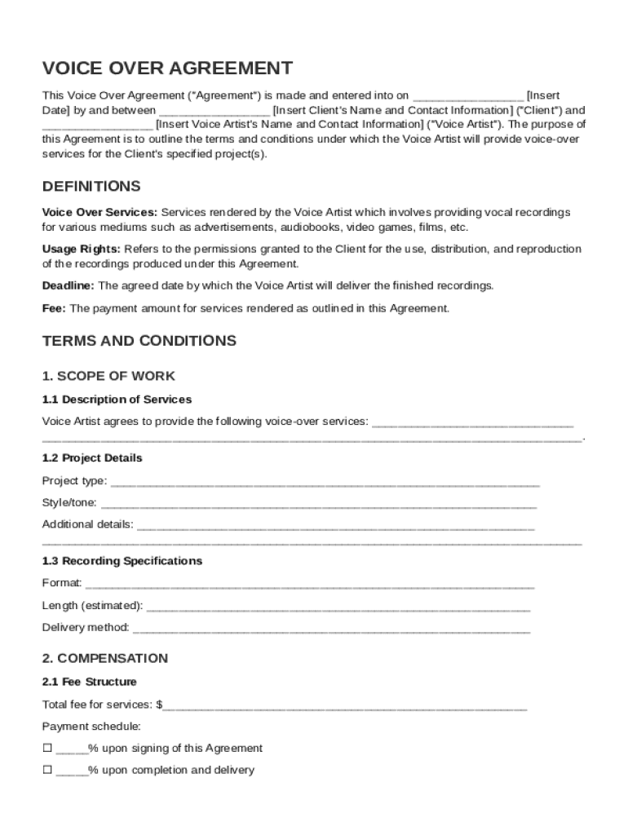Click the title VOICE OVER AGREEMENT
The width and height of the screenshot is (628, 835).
(167, 68)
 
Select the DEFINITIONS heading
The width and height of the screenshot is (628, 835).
(91, 187)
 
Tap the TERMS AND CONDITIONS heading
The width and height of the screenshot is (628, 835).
(139, 340)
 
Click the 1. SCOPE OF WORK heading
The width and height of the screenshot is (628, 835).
(108, 376)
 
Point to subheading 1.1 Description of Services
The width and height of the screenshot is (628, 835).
(117, 400)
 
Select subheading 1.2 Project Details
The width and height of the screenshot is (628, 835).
(92, 458)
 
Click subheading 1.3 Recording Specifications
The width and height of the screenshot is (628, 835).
(122, 561)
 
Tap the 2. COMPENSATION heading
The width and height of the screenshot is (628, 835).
(104, 658)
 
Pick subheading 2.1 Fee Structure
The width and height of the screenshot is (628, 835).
(89, 682)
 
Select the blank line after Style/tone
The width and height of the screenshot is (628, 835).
(318, 504)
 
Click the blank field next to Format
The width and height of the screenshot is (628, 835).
(310, 585)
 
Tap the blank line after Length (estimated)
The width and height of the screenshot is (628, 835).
(338, 607)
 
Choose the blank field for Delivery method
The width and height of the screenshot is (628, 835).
(331, 630)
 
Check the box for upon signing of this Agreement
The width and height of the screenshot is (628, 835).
(47, 748)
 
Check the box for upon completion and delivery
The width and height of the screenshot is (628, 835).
(47, 770)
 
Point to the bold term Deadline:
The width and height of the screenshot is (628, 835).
(69, 286)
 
